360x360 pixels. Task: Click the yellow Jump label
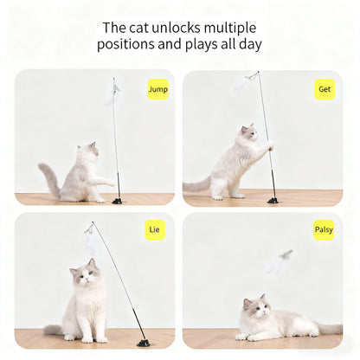157,89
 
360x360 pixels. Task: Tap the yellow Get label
325,89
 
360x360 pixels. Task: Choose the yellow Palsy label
324,230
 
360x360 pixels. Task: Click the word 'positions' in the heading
127,45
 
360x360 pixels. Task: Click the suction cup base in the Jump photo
117,200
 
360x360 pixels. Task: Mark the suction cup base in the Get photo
273,200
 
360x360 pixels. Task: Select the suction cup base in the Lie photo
142,343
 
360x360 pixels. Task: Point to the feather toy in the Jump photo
113,91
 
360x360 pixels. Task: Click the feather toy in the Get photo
241,84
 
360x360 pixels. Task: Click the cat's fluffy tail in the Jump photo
49,177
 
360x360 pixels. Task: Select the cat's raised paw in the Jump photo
109,181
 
